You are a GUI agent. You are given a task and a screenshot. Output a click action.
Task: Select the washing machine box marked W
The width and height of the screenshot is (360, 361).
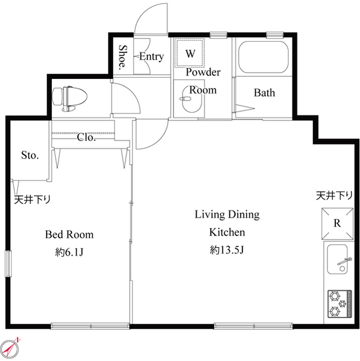coord(190,54)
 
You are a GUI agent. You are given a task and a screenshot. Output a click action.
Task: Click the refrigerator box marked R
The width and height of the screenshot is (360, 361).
coord(337,223)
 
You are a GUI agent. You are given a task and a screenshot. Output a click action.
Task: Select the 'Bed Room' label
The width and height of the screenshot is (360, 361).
coord(69,235)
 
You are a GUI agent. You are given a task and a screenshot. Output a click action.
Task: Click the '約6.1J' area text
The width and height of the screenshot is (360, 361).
coord(69,252)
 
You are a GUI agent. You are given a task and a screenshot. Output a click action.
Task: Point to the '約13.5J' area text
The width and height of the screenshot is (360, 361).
coord(226,249)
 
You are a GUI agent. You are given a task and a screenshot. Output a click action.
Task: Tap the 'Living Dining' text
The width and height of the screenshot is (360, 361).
coord(226,214)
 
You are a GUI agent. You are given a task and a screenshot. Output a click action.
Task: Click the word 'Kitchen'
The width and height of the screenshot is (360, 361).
coord(226,232)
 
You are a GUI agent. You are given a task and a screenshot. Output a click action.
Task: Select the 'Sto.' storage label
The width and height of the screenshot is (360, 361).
coord(29,155)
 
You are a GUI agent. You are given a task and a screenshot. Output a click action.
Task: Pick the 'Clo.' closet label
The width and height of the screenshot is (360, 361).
coord(86,137)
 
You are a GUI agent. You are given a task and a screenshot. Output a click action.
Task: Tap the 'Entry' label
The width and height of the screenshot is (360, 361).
coord(151,56)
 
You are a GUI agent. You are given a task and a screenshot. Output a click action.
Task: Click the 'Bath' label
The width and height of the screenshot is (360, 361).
coord(264,93)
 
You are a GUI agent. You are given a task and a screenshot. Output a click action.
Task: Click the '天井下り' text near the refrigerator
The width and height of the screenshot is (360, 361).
coord(334,196)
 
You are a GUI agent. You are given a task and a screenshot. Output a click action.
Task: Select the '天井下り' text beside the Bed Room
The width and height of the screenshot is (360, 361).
coord(33,199)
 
